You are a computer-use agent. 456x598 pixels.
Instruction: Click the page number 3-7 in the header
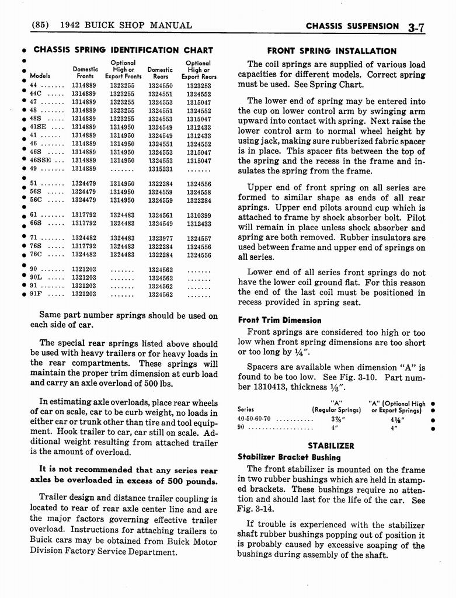(419, 26)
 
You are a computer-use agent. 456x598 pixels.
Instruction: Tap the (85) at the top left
(41, 25)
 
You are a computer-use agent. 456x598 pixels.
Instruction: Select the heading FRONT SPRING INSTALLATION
(331, 51)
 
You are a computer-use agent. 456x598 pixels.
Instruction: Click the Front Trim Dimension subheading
(279, 320)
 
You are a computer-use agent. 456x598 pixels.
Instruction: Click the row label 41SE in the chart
(40, 127)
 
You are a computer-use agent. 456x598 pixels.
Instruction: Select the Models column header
(40, 76)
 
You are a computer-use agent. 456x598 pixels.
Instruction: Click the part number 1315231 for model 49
(160, 169)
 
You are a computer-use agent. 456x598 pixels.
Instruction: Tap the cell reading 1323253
(199, 85)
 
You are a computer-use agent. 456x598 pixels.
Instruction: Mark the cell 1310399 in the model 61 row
(199, 215)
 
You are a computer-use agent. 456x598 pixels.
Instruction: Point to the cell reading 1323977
(160, 238)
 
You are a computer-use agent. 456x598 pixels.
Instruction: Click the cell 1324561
(160, 215)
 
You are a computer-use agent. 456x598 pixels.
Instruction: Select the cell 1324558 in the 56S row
(199, 192)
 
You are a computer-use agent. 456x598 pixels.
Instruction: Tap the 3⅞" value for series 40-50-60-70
(336, 419)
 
